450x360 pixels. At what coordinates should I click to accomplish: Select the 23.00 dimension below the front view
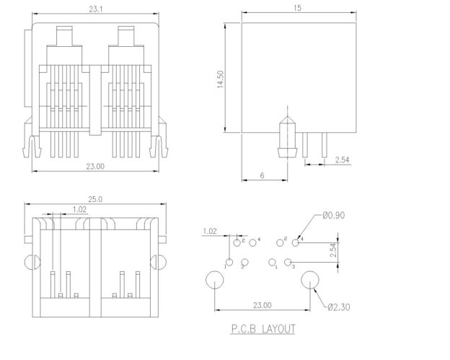tap(96, 165)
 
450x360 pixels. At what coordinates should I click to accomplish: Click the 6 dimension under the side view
tap(262, 175)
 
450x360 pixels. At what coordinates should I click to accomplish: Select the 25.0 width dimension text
tap(96, 198)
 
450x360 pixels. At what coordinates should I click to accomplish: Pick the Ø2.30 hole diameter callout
tap(340, 308)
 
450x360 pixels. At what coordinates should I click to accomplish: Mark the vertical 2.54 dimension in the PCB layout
tap(333, 251)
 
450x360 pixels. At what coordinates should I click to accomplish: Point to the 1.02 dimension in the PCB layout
tap(210, 231)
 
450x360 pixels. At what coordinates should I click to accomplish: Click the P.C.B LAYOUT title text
tap(263, 329)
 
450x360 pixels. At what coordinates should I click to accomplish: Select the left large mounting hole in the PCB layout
tap(215, 280)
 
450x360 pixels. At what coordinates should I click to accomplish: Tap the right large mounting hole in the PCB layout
tap(311, 280)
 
